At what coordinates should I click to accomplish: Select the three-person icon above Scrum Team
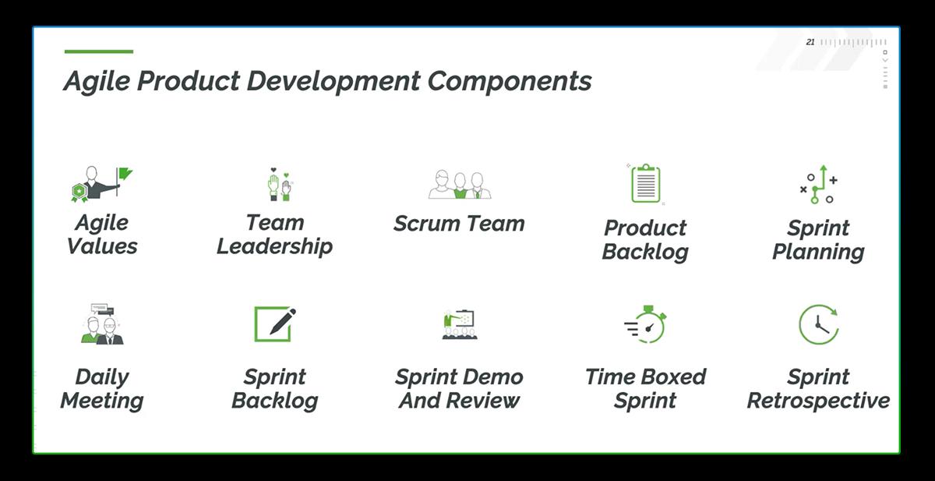(x=460, y=185)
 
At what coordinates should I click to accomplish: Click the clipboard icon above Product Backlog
(x=645, y=184)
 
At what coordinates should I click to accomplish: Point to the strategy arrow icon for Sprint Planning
(x=818, y=185)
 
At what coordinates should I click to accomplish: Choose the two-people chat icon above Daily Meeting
(x=102, y=324)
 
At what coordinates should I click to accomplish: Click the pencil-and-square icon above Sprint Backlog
(x=275, y=324)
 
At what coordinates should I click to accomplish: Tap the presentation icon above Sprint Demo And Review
(x=459, y=324)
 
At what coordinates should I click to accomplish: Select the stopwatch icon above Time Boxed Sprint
(x=646, y=324)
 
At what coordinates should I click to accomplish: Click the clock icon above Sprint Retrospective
(x=818, y=324)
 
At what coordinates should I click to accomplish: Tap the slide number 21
(x=810, y=42)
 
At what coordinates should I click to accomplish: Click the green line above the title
(x=98, y=51)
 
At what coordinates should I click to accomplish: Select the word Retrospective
(x=818, y=401)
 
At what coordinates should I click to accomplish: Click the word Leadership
(x=275, y=246)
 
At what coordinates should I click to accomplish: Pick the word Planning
(x=818, y=252)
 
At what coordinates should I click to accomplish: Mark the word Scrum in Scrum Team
(x=427, y=224)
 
